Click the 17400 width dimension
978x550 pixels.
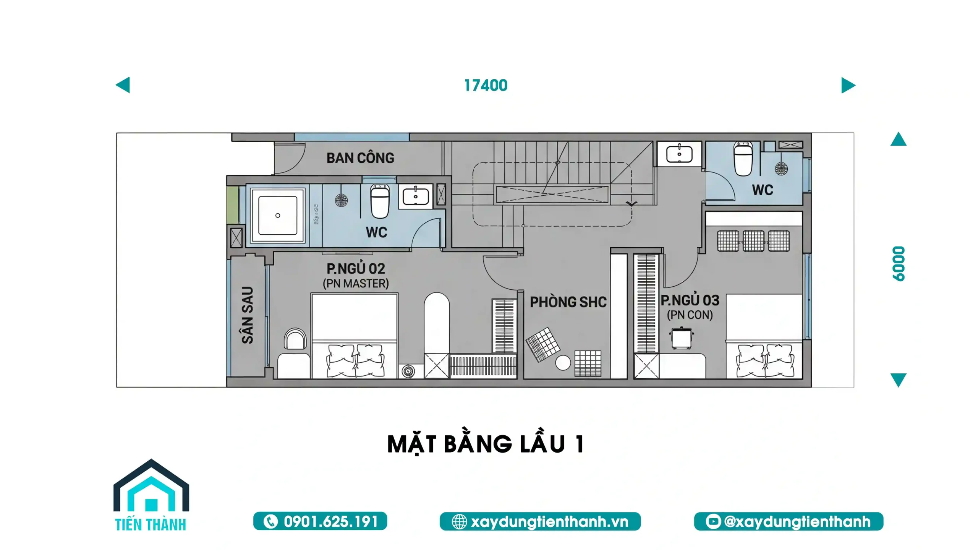click(486, 85)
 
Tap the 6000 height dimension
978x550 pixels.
click(899, 264)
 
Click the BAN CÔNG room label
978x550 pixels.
click(360, 158)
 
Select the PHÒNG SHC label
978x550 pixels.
click(568, 302)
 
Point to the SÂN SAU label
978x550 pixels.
click(248, 315)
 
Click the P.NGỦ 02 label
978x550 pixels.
click(356, 268)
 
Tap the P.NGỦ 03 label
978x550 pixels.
click(690, 300)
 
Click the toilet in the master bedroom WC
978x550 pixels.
click(380, 201)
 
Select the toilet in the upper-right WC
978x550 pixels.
click(743, 159)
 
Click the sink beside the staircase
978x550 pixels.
click(679, 154)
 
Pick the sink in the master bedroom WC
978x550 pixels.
click(416, 196)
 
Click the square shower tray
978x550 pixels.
click(278, 215)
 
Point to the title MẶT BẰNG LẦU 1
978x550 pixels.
click(486, 444)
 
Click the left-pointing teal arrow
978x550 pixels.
click(123, 85)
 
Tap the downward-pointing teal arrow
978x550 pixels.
click(899, 380)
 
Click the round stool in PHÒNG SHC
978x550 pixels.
click(563, 363)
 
